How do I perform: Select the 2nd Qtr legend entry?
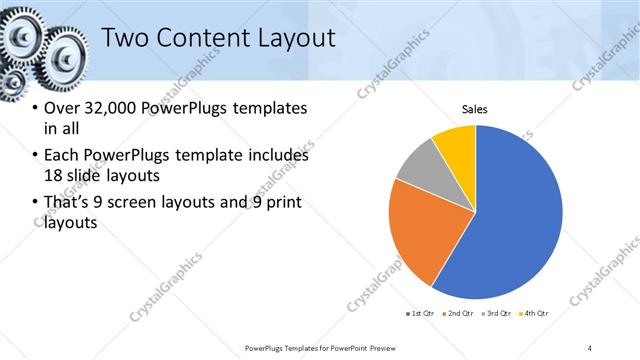point(458,314)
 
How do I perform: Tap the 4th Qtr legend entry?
point(536,314)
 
